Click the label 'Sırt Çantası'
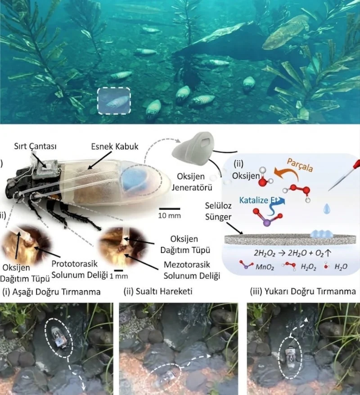35,146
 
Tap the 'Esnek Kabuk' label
115,146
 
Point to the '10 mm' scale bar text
169,215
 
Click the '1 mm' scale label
118,276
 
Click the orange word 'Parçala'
300,165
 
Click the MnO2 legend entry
256,266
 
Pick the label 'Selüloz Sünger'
218,211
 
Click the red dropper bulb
356,165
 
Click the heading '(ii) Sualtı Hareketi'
158,292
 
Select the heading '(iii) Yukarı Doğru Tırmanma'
303,292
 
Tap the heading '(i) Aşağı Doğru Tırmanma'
51,292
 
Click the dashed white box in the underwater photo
114,88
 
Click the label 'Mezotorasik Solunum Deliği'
192,270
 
